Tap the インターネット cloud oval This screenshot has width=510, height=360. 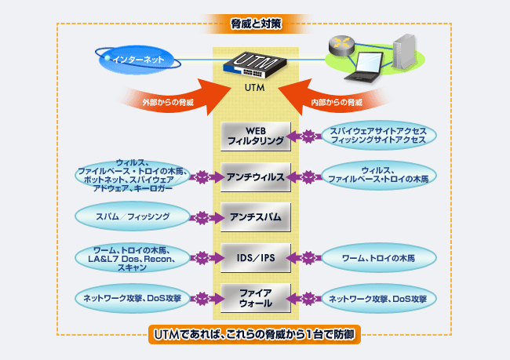tap(138, 59)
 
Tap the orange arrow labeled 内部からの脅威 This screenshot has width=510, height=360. tap(337, 99)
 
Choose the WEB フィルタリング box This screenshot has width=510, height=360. tap(256, 136)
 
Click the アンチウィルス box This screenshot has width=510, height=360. tap(256, 176)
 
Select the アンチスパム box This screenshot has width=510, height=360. tap(256, 216)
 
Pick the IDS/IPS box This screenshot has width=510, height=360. tap(256, 256)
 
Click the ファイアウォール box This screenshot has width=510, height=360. tap(256, 297)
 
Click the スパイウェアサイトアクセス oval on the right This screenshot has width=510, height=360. tap(377, 135)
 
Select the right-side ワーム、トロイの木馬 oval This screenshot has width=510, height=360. tap(377, 256)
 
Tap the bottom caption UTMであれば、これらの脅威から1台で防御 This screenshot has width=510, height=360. tap(255, 336)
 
